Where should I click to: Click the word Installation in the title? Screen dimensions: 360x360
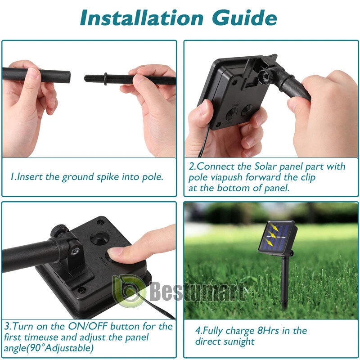click(x=142, y=18)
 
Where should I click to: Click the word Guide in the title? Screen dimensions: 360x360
click(x=244, y=18)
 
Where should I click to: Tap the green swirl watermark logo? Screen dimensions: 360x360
click(x=129, y=292)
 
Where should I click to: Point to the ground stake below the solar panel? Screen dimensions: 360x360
click(x=285, y=283)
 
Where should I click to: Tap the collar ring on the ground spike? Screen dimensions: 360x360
click(x=105, y=79)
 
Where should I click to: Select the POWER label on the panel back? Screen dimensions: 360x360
click(x=103, y=261)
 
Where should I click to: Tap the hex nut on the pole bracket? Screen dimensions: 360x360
click(x=75, y=252)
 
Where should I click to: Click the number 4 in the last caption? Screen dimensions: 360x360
click(x=198, y=331)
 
